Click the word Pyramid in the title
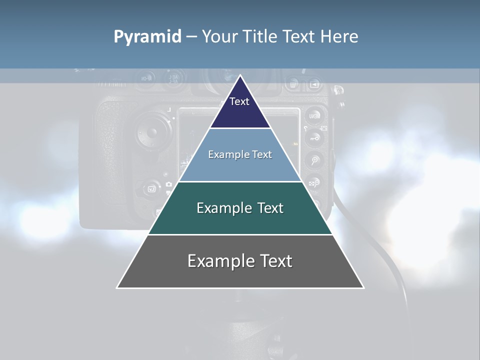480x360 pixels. click(147, 37)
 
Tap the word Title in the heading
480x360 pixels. click(262, 36)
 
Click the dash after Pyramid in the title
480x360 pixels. click(191, 37)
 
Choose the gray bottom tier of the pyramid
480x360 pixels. click(240, 274)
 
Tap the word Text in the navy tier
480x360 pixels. click(239, 101)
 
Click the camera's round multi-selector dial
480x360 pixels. click(150, 132)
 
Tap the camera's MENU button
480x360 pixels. click(314, 116)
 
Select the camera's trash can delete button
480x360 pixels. click(293, 84)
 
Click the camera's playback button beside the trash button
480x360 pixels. click(314, 84)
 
